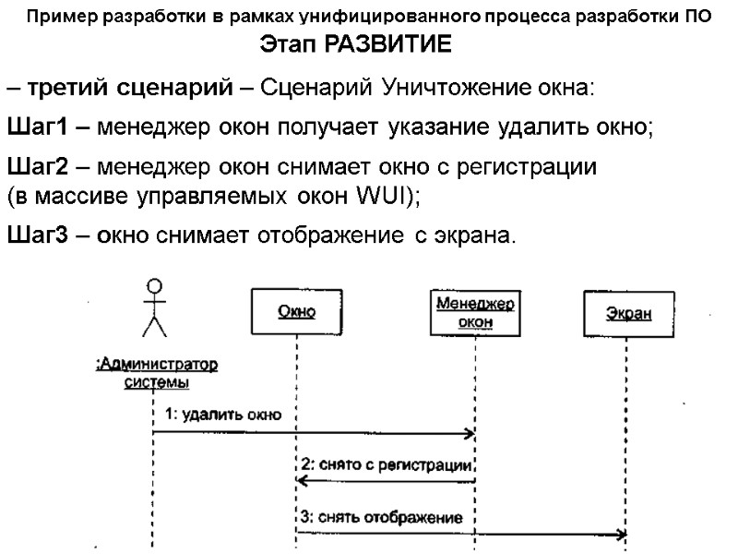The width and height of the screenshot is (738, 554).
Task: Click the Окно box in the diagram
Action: (297, 312)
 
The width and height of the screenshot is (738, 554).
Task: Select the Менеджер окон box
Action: (475, 312)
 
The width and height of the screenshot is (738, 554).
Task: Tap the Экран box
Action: (627, 313)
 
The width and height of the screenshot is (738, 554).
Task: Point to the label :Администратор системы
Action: (157, 372)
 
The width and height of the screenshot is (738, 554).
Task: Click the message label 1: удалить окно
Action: (222, 415)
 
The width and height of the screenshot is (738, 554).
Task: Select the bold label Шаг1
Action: (36, 126)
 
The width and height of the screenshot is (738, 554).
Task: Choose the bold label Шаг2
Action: (36, 169)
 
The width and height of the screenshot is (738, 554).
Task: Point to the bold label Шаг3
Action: (36, 235)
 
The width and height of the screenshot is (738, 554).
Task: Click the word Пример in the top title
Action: (57, 17)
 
